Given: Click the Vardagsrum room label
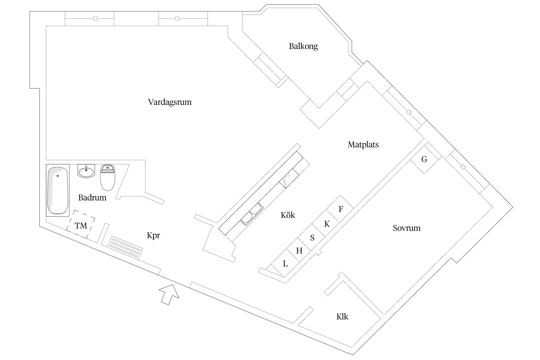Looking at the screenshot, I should click(170, 102).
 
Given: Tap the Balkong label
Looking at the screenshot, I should click(303, 46).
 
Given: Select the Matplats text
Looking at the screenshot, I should click(363, 145).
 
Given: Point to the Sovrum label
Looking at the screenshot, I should click(406, 228).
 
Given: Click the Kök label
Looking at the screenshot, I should click(288, 215).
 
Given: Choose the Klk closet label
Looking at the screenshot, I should click(342, 317).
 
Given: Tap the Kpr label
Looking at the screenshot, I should click(153, 235).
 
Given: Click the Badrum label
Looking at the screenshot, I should click(92, 197).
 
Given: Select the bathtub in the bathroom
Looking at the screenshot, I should click(58, 190).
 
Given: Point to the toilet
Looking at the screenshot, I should click(108, 177).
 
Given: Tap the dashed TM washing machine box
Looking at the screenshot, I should click(81, 225).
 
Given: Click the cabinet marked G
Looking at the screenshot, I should click(424, 159).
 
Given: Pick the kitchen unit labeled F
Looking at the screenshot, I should click(341, 209).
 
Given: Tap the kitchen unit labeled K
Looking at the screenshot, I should click(327, 224).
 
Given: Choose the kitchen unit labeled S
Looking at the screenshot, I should click(312, 238).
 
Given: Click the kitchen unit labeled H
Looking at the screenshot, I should click(299, 251).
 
